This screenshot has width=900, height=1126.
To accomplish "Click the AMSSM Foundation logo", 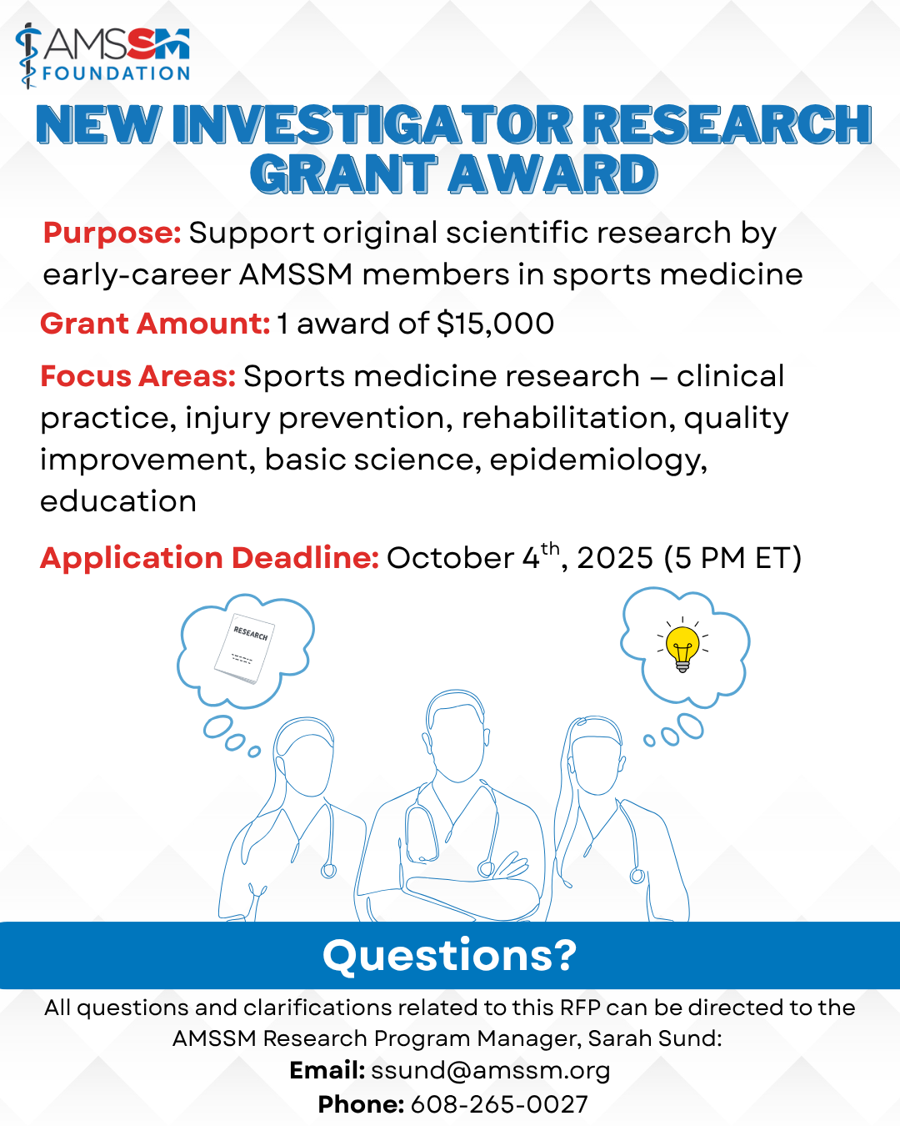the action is coord(102,55).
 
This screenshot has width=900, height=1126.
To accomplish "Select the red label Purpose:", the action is coord(112,234).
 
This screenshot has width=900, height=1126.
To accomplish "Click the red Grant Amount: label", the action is coord(155,324).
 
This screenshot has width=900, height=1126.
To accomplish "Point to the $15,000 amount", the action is coord(495,324).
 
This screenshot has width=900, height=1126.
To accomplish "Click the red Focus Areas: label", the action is coord(138,376).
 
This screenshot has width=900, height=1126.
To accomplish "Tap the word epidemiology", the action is coord(598,461).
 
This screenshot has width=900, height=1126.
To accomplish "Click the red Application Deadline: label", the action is coord(210,559).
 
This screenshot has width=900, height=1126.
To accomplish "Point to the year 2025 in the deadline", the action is coord(615,558).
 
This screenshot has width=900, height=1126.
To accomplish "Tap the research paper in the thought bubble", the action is coord(245,648).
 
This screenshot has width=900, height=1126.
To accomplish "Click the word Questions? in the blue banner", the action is coord(450,955).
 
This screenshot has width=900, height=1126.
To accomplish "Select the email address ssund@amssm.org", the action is coord(491,1071).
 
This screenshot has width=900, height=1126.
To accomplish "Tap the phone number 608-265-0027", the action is coord(499,1104).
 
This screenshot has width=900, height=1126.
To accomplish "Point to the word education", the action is coord(118,501).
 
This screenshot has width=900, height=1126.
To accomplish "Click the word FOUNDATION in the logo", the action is coord(116,73).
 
